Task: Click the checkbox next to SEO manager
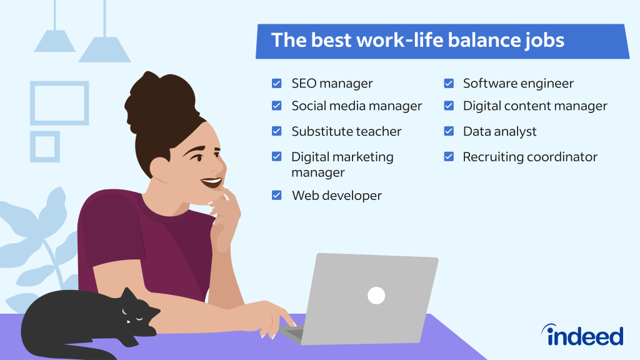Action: [276, 83]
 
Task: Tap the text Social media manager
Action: [356, 106]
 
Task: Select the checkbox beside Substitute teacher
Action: [276, 131]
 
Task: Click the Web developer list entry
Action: [336, 196]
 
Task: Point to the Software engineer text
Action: [517, 83]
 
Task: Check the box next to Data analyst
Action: [449, 131]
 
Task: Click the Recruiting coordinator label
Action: [530, 157]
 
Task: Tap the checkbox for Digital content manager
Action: [449, 106]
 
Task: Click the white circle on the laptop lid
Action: [376, 296]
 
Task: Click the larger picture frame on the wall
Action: [59, 102]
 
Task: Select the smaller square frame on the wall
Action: [45, 146]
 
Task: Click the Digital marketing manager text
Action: [342, 164]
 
